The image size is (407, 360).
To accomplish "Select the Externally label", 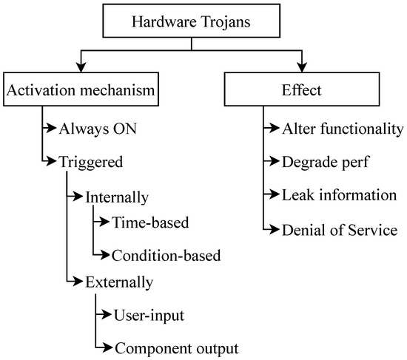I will tap(118, 282).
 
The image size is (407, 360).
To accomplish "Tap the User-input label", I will tap(149, 316).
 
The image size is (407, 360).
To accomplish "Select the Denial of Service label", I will tap(340, 230).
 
